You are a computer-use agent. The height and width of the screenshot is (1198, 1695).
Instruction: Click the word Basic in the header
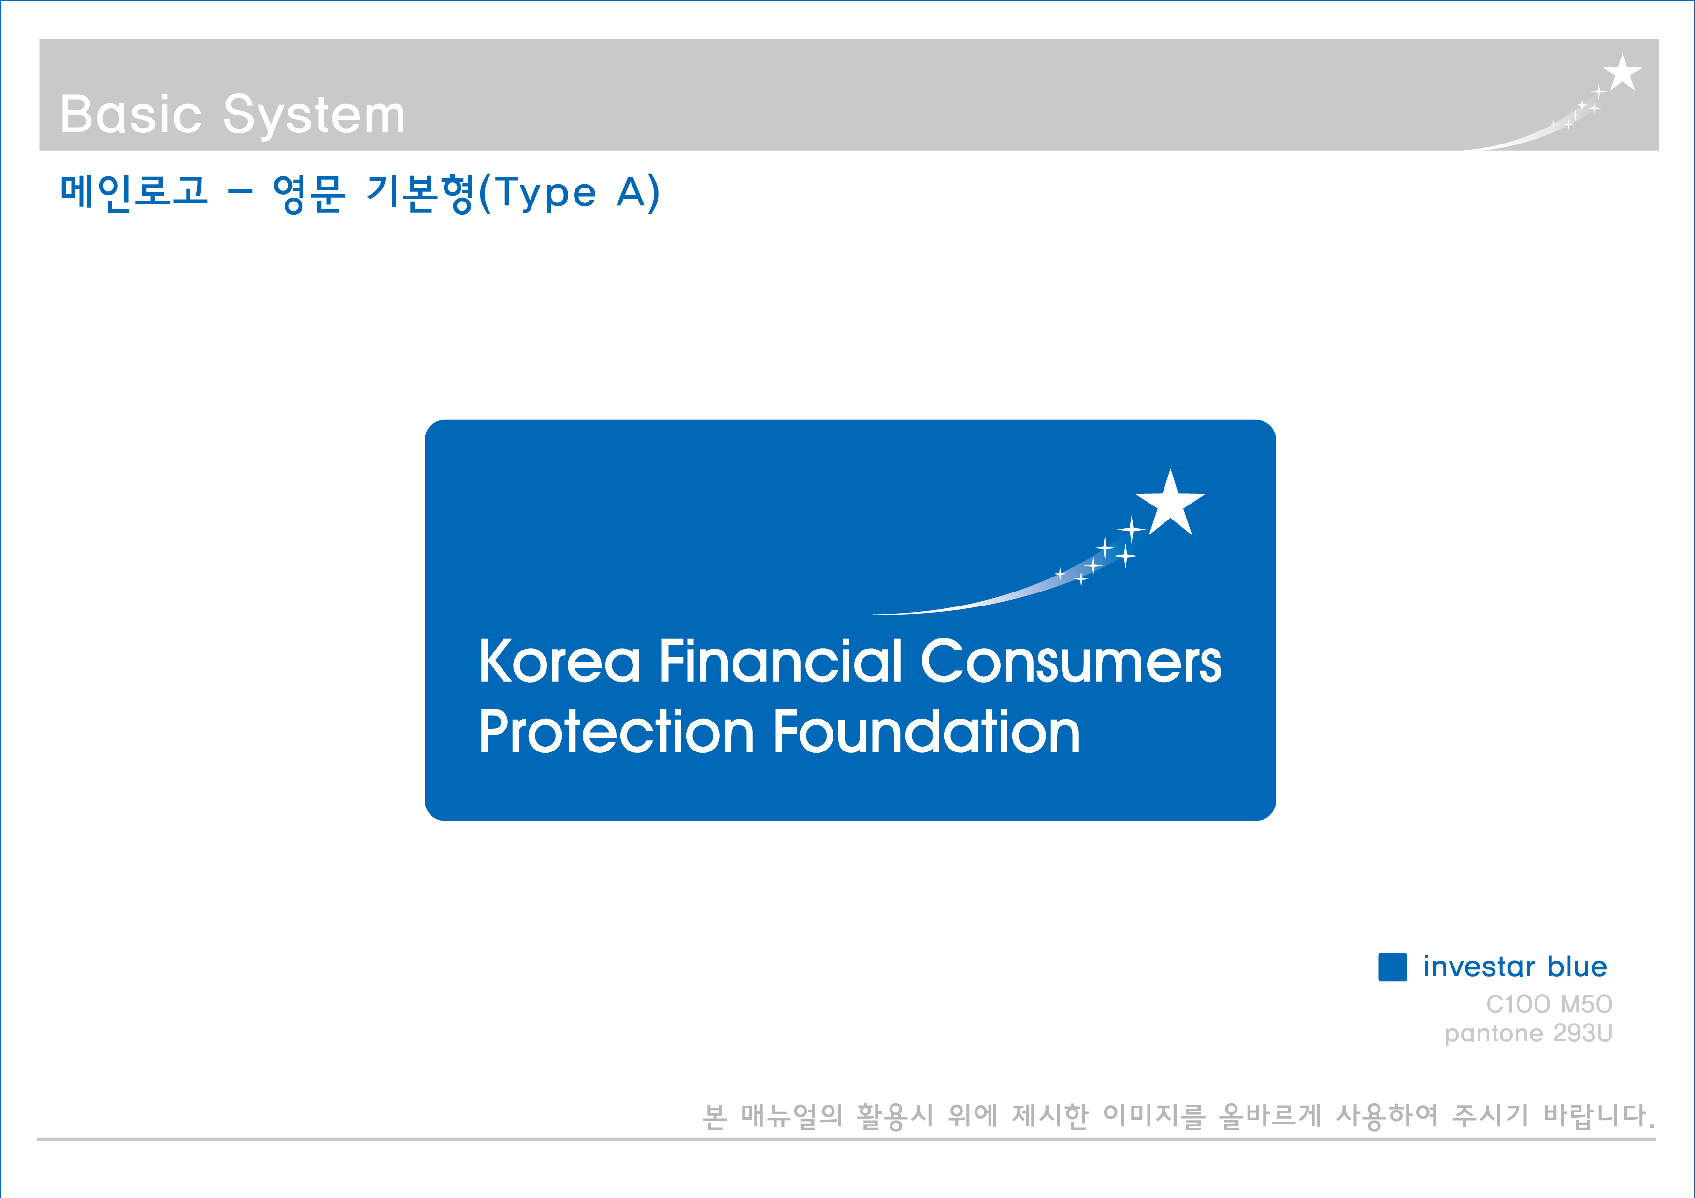[130, 115]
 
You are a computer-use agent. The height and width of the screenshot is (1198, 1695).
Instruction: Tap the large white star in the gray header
[1622, 72]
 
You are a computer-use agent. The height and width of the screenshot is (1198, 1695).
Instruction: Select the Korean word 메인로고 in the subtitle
[134, 192]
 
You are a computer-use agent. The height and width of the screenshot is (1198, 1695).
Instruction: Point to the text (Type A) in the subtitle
[569, 193]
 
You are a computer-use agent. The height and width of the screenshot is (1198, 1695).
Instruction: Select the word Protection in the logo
[617, 732]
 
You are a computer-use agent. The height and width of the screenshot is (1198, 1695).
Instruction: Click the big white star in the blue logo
[1170, 504]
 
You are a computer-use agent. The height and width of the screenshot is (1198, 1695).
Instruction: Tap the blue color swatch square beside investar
[1393, 967]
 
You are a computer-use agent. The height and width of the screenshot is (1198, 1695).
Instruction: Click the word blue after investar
[1577, 966]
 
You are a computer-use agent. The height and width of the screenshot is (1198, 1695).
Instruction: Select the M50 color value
[1586, 1004]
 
